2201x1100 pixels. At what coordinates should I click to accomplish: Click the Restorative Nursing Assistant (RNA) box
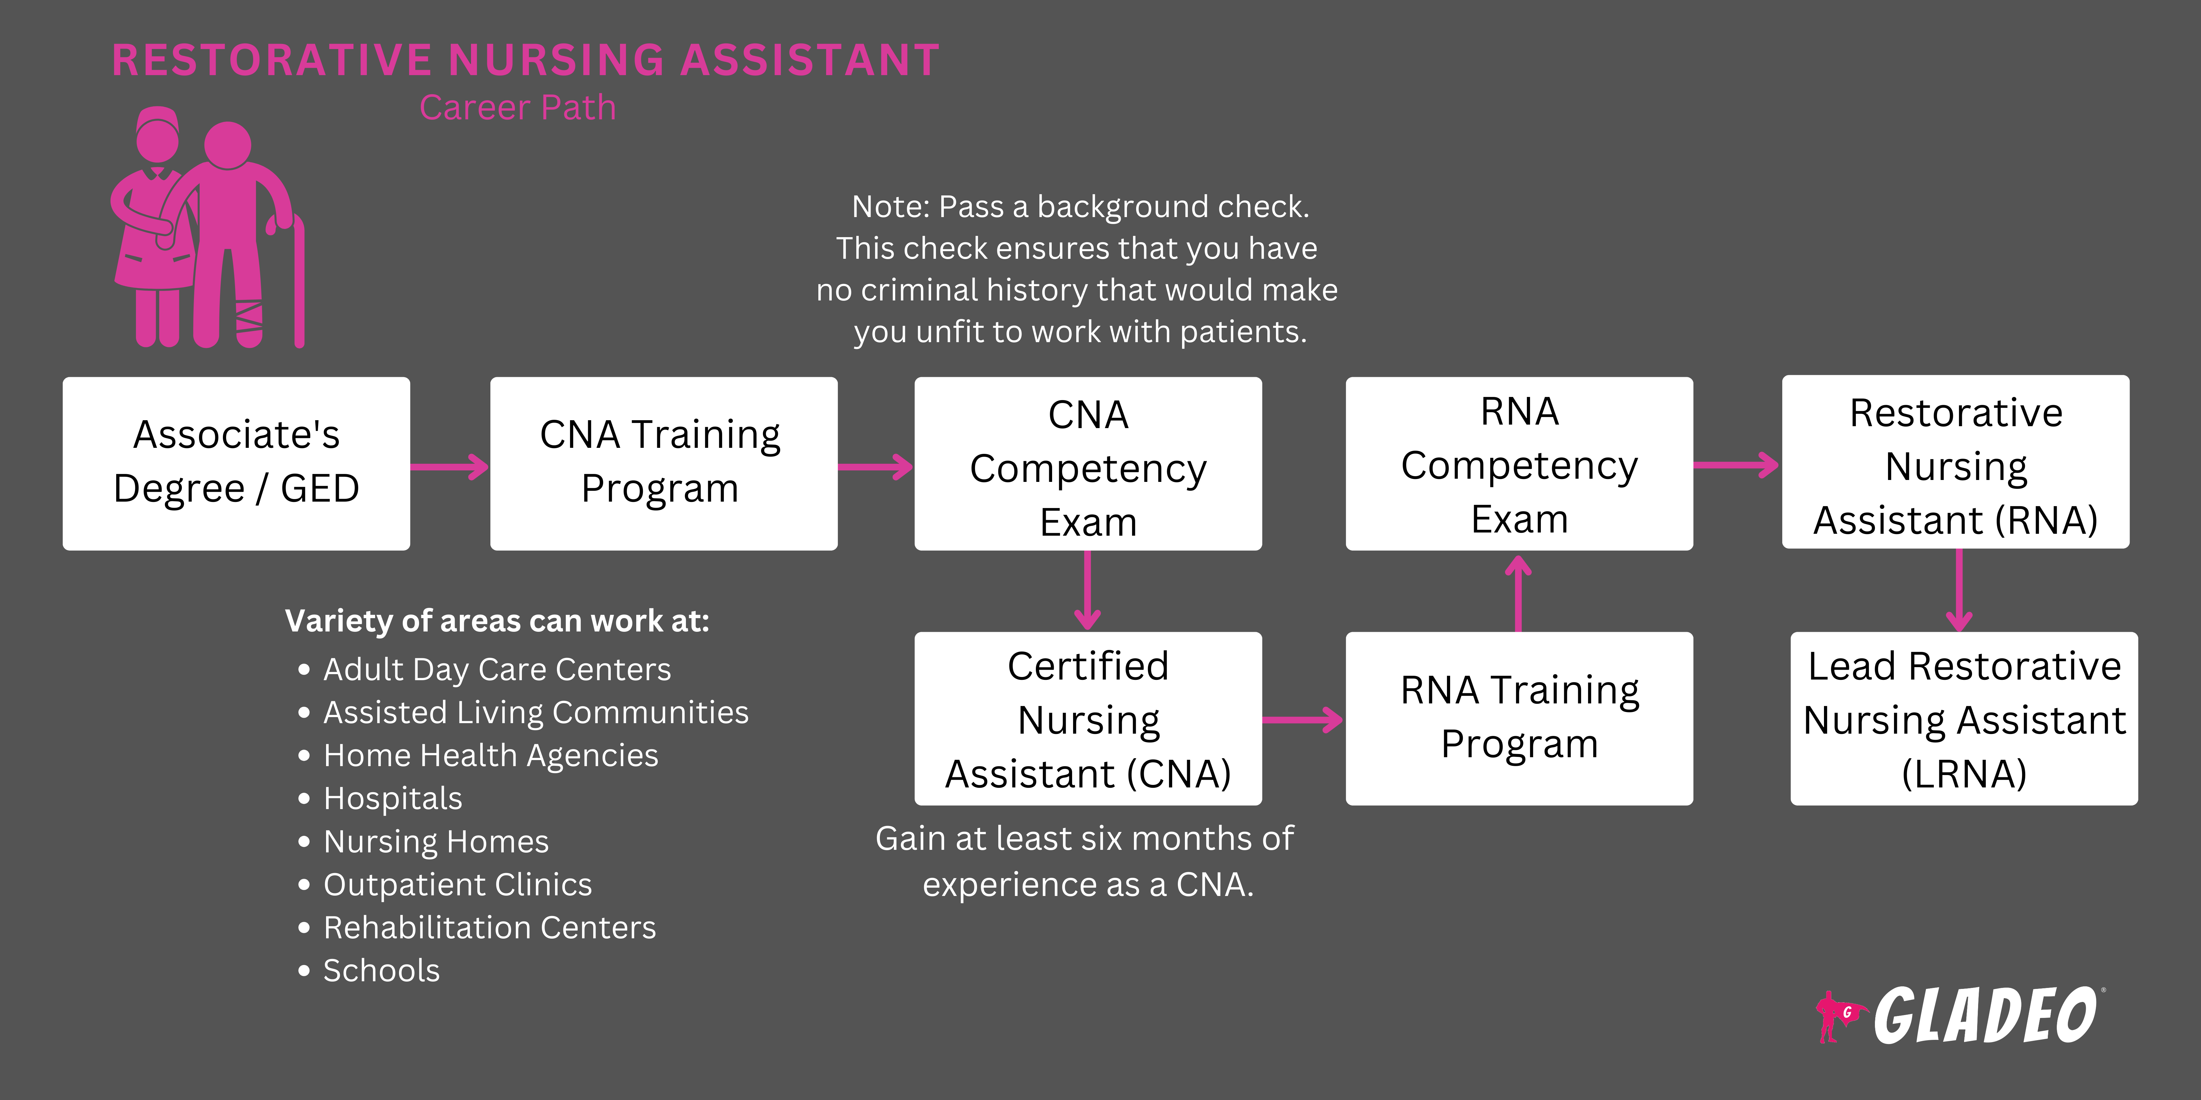1955,462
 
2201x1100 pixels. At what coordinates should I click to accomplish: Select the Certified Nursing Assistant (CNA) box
1088,718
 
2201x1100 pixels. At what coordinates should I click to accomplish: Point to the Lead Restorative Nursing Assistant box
1963,718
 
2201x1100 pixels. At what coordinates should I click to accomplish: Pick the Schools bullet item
381,971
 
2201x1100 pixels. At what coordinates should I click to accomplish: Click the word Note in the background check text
889,207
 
